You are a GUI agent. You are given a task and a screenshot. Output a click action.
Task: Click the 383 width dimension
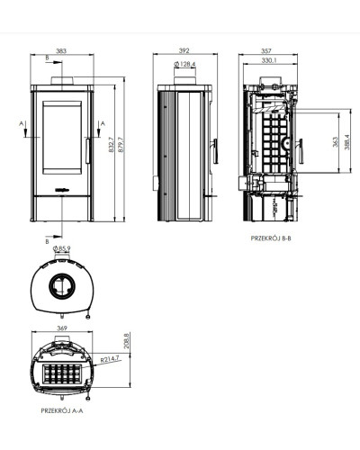61,51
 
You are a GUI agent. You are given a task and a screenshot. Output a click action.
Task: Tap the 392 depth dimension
184,50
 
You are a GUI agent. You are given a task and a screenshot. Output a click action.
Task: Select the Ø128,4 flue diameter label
184,64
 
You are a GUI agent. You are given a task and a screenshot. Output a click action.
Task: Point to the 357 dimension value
266,51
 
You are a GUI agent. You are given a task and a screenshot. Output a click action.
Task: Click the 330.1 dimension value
269,60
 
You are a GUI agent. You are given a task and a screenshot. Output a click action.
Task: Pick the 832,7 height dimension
112,145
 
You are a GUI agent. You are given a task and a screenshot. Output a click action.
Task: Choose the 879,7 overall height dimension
121,145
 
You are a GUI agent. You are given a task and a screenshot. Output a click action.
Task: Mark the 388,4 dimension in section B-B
347,142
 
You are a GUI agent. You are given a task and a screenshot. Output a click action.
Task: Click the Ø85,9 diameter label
61,248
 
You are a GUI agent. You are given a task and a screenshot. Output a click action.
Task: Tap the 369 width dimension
62,328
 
